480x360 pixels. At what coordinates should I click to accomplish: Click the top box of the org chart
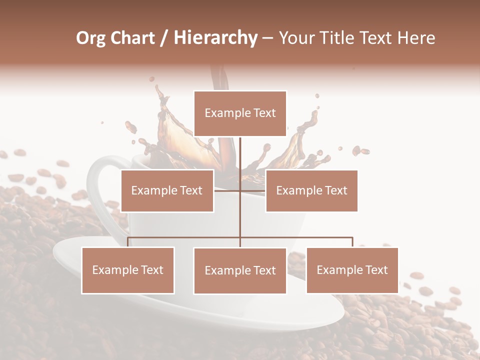click(240, 113)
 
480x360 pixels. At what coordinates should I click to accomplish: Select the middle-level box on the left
click(167, 190)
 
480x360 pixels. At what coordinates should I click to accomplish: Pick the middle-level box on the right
click(311, 190)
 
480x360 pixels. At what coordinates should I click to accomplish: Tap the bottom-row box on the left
click(128, 270)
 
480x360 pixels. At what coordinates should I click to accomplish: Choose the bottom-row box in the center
click(240, 270)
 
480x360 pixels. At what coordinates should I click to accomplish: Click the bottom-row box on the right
click(352, 270)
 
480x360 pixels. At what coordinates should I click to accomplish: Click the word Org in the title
click(91, 37)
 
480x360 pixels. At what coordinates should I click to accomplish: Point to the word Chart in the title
click(131, 37)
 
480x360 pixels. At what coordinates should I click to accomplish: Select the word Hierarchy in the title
click(215, 37)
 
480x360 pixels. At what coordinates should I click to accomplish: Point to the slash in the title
click(165, 37)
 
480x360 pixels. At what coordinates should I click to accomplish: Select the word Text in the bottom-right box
click(376, 270)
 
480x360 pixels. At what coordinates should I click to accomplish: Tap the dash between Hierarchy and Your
click(267, 38)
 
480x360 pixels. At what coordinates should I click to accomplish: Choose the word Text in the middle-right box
click(335, 190)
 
